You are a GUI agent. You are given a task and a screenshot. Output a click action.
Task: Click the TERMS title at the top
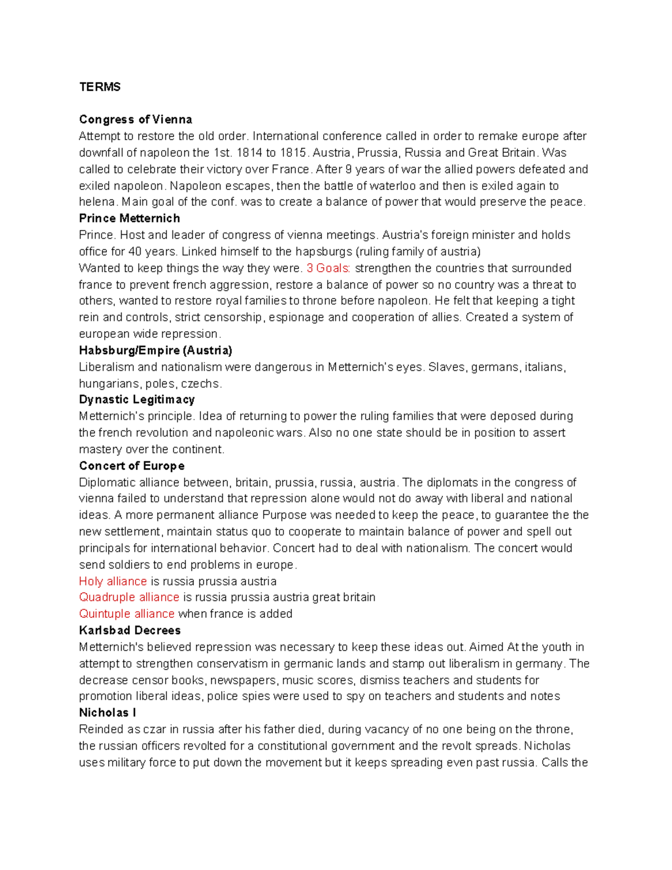[100, 87]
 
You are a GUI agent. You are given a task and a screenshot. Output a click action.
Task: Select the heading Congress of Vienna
[136, 119]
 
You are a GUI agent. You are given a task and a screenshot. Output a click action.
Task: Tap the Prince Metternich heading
[129, 218]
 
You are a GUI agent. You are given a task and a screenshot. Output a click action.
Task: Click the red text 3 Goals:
[329, 268]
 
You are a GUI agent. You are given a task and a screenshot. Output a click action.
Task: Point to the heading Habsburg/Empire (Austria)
[155, 351]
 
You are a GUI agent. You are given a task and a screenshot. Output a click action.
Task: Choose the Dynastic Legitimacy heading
[137, 400]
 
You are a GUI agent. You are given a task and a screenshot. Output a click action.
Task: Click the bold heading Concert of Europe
[132, 466]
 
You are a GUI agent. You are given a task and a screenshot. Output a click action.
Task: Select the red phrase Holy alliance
[113, 581]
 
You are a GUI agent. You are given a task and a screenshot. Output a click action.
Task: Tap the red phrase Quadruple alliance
[129, 598]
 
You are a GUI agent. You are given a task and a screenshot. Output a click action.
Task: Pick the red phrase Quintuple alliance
[127, 614]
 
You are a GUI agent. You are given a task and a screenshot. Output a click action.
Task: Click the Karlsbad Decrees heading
[130, 631]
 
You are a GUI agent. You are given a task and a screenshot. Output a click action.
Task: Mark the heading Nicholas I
[108, 713]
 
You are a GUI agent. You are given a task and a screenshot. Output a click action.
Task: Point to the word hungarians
[110, 384]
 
